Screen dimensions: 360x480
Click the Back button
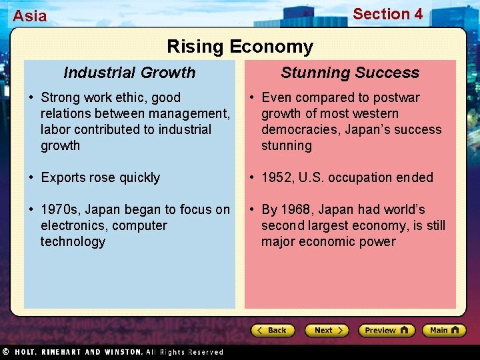click(273, 330)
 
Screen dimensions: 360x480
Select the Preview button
click(386, 330)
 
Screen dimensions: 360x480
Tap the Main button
click(443, 330)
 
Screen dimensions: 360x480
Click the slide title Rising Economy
click(239, 47)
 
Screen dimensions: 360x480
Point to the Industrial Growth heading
click(129, 73)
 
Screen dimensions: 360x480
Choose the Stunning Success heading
click(350, 73)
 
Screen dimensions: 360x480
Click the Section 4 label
click(387, 14)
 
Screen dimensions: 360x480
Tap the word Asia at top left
click(30, 16)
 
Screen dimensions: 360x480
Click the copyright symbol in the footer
click(5, 351)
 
